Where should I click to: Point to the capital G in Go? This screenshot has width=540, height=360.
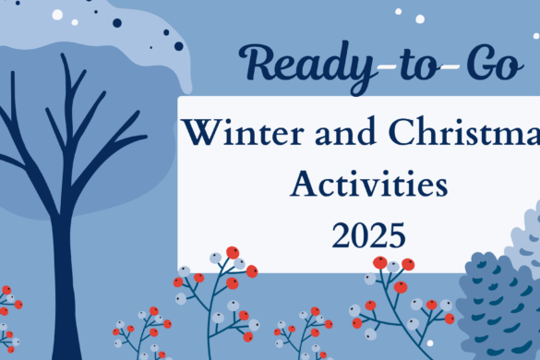tap(458, 62)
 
